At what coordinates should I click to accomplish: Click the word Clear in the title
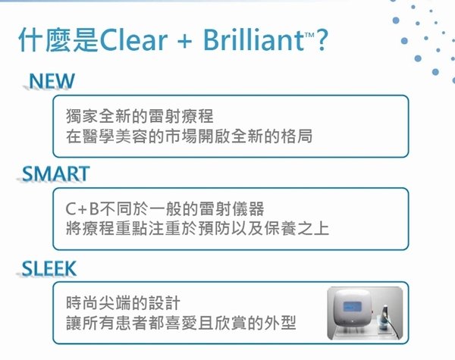133,39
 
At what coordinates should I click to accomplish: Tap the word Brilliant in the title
253,39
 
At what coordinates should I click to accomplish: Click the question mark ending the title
322,39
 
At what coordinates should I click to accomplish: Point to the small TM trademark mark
309,35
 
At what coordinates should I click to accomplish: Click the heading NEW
52,81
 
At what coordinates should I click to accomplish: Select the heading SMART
55,174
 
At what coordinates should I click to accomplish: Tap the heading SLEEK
49,268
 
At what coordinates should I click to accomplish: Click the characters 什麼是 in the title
58,39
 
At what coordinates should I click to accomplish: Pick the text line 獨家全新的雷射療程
140,116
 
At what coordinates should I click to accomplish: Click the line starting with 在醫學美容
189,136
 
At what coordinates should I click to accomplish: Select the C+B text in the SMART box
83,209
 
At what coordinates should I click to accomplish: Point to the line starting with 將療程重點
197,228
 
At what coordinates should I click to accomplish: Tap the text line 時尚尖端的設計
124,303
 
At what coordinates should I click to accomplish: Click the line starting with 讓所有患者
181,323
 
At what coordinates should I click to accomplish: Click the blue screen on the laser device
352,307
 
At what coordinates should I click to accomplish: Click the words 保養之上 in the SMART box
297,228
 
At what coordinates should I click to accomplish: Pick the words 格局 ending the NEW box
297,136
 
